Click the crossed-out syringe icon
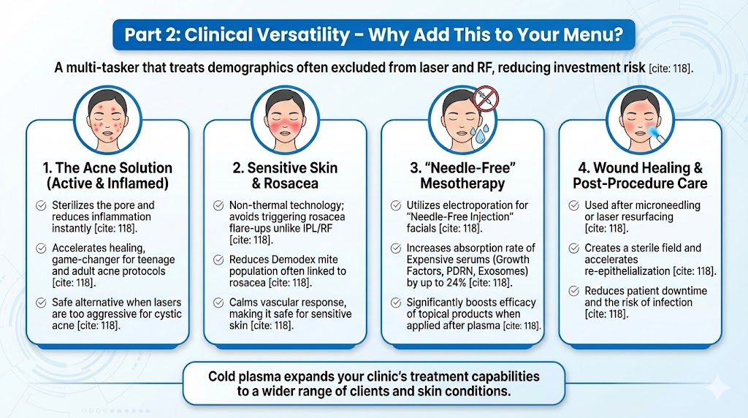tap(484, 97)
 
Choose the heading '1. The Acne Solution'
tap(107, 168)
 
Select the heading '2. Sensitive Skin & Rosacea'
tap(285, 175)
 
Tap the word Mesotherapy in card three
tap(462, 183)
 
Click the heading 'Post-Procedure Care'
tap(640, 183)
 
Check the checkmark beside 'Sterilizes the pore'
tap(41, 205)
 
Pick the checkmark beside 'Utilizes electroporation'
tap(396, 205)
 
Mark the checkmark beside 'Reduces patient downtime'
tap(574, 291)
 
